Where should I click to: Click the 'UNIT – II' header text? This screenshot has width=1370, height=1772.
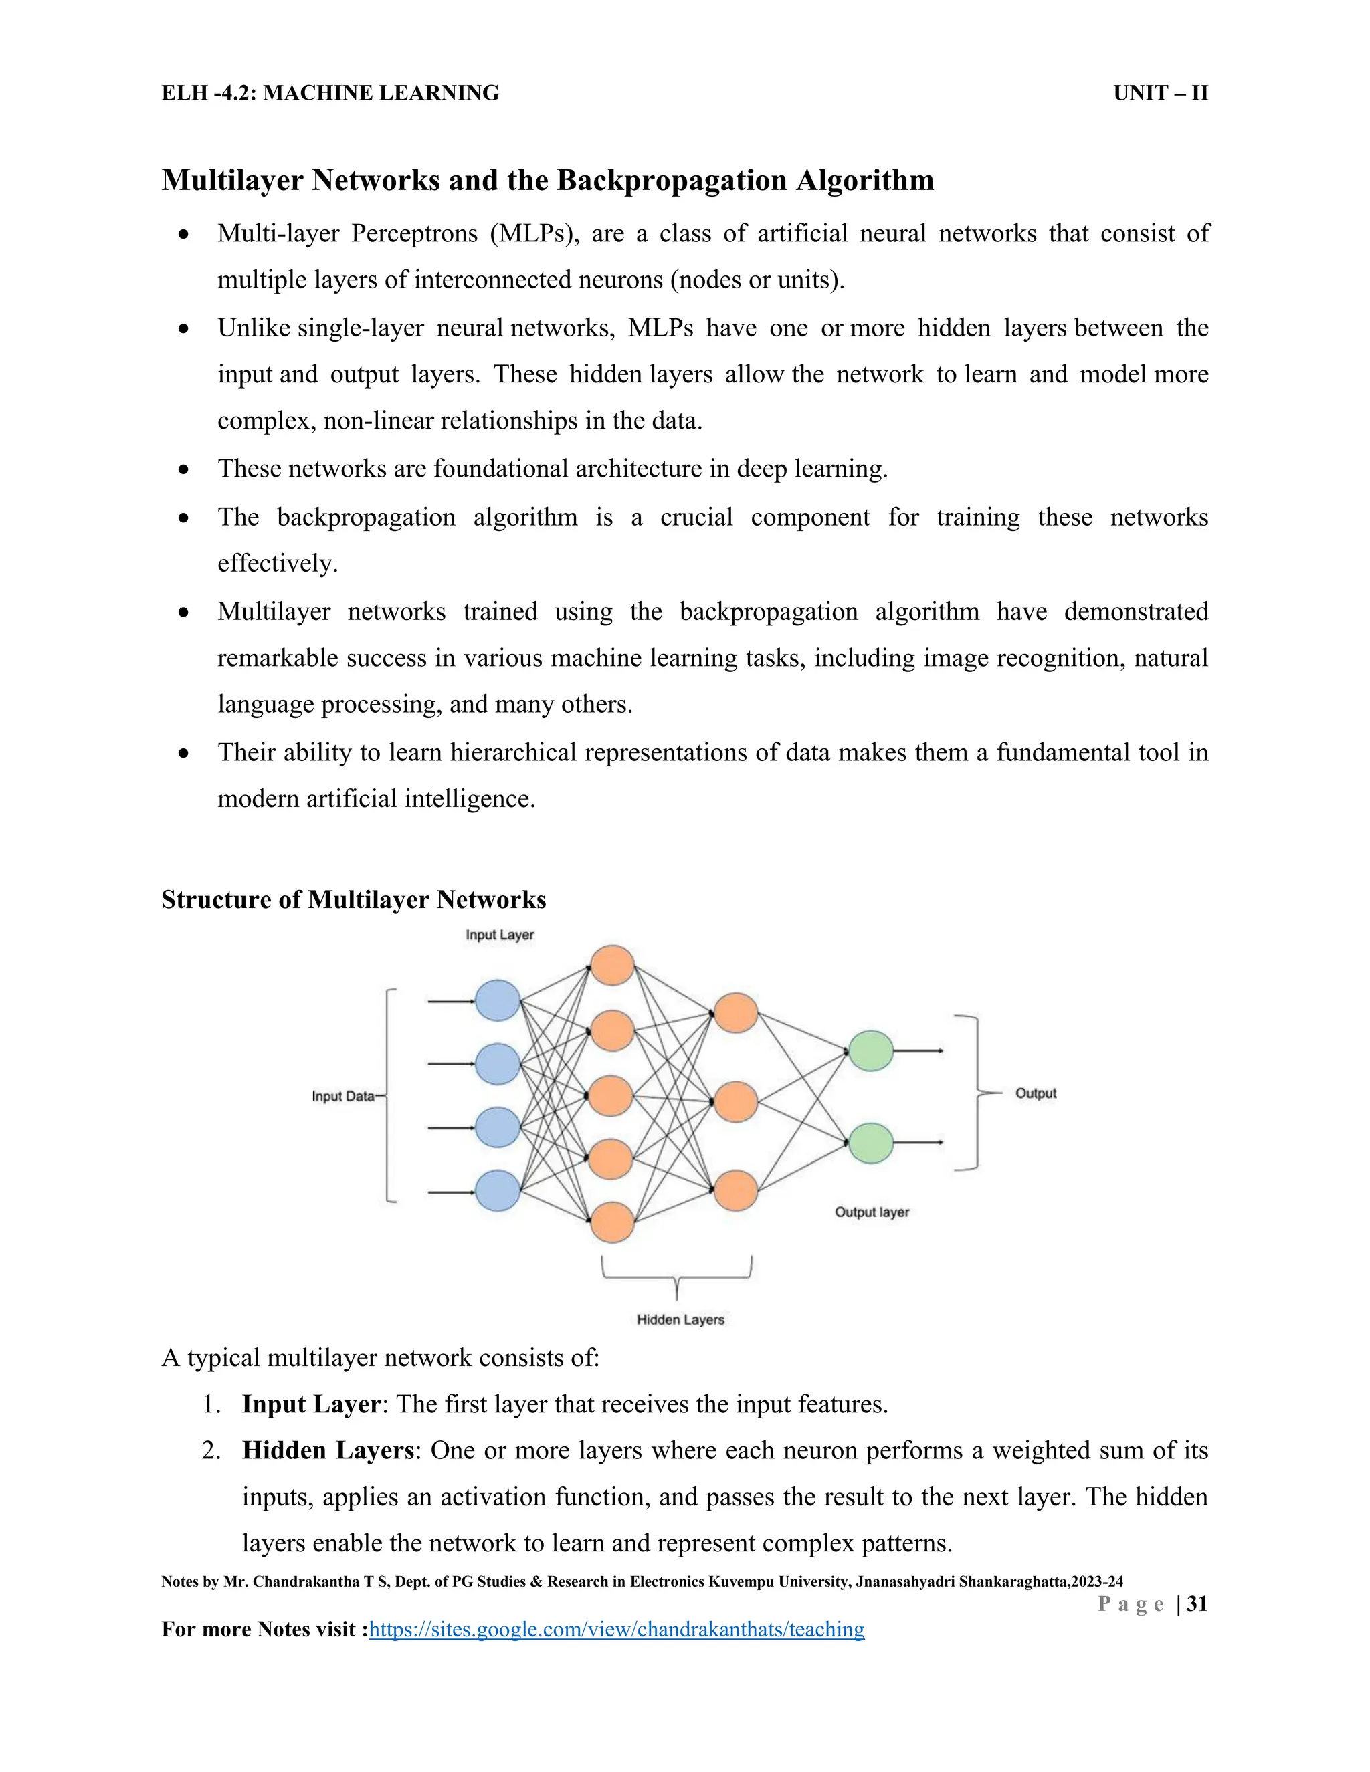pyautogui.click(x=1160, y=94)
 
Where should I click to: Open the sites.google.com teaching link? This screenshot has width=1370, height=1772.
pyautogui.click(x=616, y=1629)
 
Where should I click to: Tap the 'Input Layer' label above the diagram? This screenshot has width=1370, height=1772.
pyautogui.click(x=499, y=935)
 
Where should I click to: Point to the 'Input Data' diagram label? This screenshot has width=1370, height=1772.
pyautogui.click(x=342, y=1096)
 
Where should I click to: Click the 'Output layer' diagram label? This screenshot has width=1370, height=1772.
pyautogui.click(x=872, y=1212)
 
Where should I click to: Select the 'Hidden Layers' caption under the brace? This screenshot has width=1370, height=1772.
pyautogui.click(x=680, y=1319)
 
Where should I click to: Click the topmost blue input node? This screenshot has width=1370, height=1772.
pyautogui.click(x=498, y=1000)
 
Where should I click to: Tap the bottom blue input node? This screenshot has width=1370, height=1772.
pyautogui.click(x=498, y=1190)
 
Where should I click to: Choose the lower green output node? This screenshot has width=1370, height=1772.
pyautogui.click(x=870, y=1142)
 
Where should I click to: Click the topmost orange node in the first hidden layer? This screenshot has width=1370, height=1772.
pyautogui.click(x=612, y=965)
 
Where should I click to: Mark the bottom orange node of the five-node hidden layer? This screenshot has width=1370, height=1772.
pyautogui.click(x=612, y=1222)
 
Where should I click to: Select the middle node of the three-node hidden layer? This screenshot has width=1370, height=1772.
pyautogui.click(x=735, y=1102)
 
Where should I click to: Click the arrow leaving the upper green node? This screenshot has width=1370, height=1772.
pyautogui.click(x=918, y=1050)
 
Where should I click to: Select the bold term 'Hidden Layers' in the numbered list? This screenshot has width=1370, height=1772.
pyautogui.click(x=327, y=1450)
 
